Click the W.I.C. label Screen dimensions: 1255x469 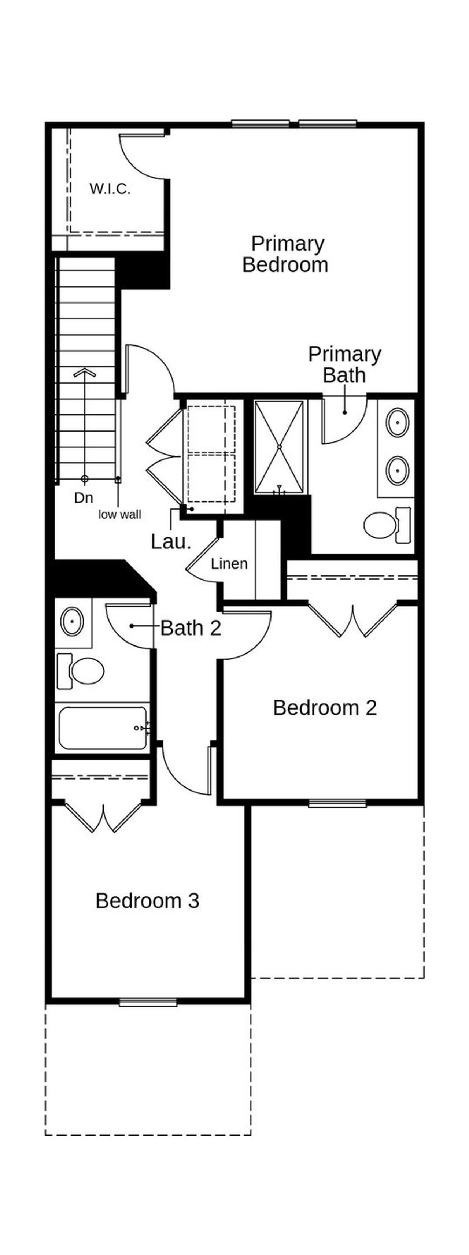pyautogui.click(x=110, y=189)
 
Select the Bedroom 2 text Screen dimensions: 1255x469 pyautogui.click(x=325, y=708)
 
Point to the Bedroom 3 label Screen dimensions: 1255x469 pyautogui.click(x=147, y=901)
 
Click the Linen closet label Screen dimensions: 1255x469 pyautogui.click(x=229, y=564)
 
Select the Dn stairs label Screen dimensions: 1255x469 pyautogui.click(x=84, y=498)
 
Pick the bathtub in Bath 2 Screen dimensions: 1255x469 pyautogui.click(x=102, y=728)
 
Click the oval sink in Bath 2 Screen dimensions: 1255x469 pyautogui.click(x=72, y=622)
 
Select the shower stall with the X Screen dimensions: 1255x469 pyautogui.click(x=279, y=447)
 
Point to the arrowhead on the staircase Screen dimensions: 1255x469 pyautogui.click(x=85, y=372)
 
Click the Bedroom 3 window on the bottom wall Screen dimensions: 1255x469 pyautogui.click(x=148, y=1002)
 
